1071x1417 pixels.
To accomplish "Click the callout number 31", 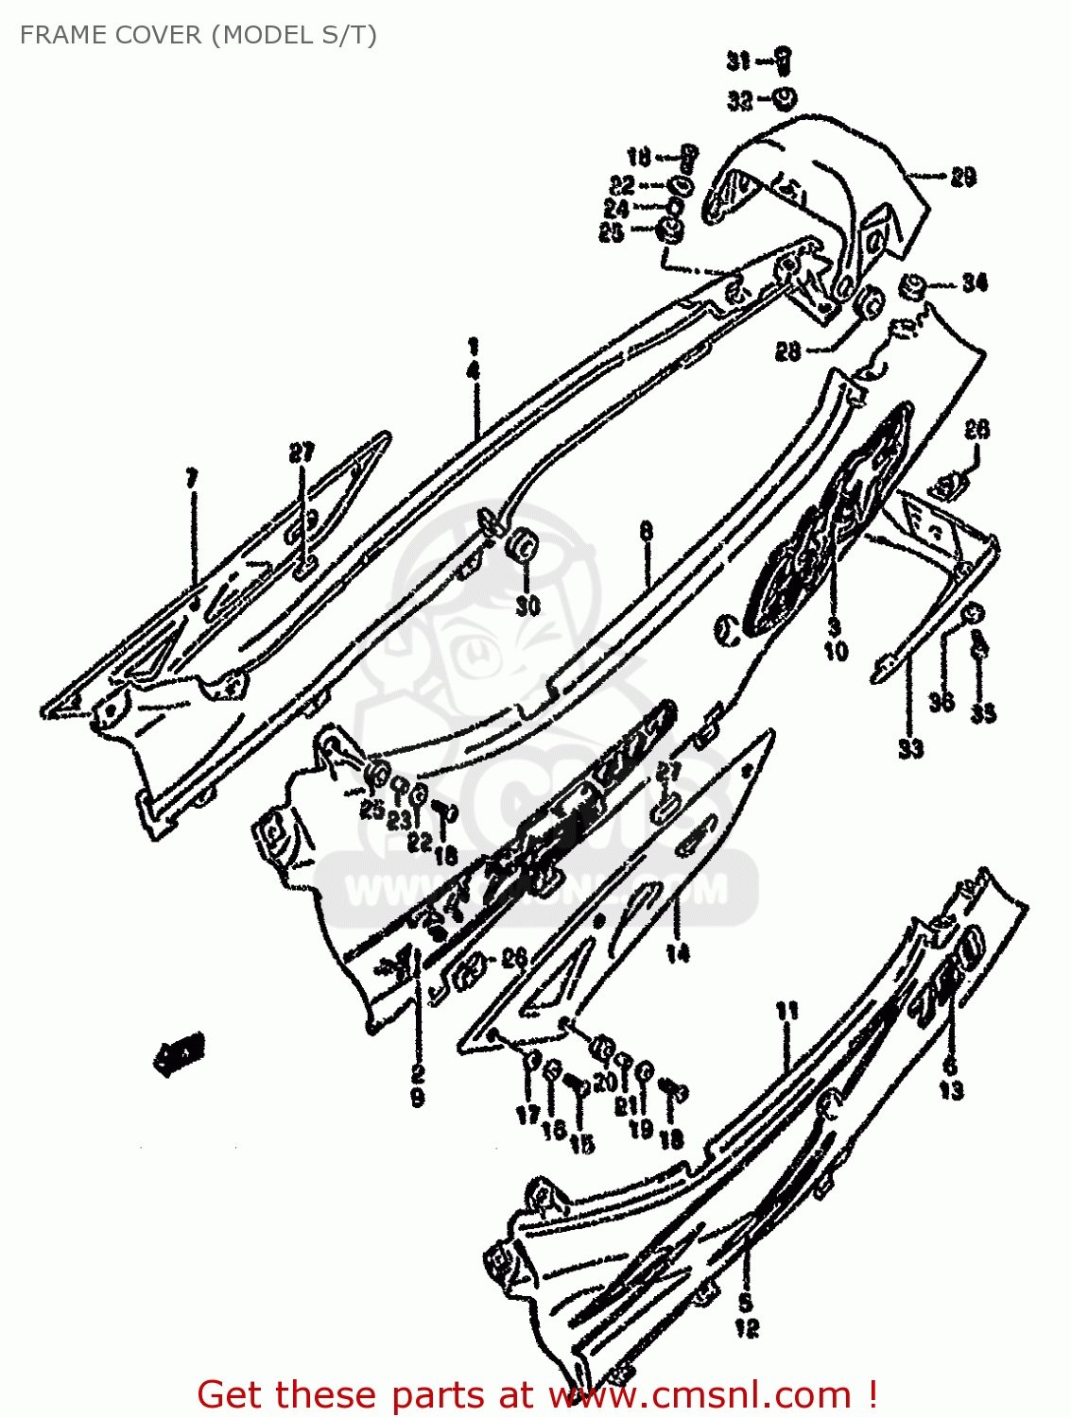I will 738,61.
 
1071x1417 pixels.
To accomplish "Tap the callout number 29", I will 962,177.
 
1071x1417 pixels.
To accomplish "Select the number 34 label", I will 975,282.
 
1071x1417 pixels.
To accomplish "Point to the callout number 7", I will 192,478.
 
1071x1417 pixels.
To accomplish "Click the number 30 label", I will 527,606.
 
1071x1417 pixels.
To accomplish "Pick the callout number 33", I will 910,749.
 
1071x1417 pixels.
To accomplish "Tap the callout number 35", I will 983,713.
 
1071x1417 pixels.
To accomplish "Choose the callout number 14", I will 677,954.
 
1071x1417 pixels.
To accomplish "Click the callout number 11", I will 786,1012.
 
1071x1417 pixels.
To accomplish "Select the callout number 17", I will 527,1115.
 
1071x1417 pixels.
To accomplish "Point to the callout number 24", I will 616,208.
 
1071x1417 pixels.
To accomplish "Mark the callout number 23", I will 399,819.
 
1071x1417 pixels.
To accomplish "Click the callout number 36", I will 941,702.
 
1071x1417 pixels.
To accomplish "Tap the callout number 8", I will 646,531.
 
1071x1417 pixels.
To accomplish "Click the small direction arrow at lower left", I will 180,1054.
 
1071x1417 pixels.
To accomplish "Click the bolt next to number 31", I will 784,60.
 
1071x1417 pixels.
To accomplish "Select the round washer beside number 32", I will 784,97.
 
